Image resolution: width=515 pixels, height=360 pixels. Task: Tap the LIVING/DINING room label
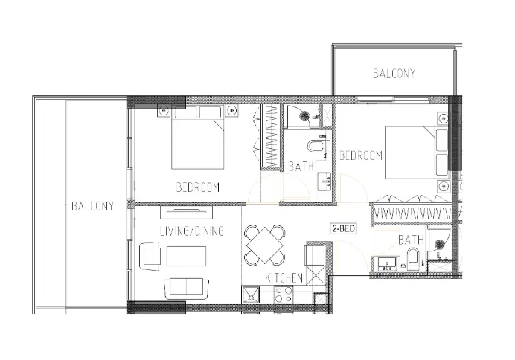coord(191,232)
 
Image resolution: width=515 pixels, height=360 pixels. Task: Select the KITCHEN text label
coord(284,277)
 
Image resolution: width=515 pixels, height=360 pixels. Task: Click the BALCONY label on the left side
coord(93,206)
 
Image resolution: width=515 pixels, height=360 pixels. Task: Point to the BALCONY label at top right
coord(394,74)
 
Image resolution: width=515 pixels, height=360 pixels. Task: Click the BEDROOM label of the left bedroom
coord(197,187)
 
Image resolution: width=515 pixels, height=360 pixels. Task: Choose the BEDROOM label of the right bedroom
coord(361,156)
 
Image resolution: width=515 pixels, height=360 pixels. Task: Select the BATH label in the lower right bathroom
coord(410,240)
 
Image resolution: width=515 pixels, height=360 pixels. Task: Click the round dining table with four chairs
coord(265,245)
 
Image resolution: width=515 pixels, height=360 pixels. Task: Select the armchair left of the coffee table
coord(150,257)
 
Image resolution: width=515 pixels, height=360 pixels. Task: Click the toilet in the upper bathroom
coord(318,146)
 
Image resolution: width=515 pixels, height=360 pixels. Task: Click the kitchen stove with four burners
coord(284,296)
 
